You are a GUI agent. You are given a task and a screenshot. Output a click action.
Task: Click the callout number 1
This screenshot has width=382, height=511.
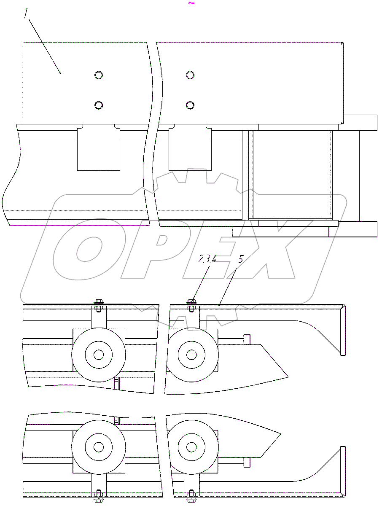[26, 13]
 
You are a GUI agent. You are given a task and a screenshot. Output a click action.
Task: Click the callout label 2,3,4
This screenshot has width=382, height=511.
[207, 259]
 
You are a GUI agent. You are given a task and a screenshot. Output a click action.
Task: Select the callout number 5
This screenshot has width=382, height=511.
[241, 259]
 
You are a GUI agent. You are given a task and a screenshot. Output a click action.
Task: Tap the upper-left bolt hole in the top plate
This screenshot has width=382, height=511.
[99, 75]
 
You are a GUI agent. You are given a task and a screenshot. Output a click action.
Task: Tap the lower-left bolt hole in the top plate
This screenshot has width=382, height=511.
[99, 105]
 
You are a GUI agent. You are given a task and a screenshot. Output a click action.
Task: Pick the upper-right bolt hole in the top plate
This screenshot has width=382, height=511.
[190, 75]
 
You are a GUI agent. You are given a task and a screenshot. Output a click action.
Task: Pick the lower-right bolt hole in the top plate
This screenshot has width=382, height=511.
[190, 105]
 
